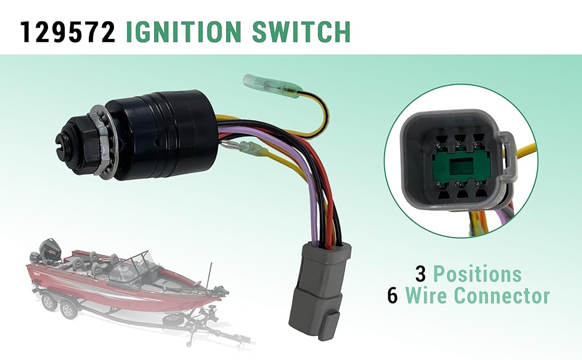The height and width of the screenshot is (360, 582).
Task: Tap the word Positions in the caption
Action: [477, 274]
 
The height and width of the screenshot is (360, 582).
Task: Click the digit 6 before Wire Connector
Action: [392, 296]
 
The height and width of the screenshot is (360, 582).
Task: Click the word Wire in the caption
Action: [427, 296]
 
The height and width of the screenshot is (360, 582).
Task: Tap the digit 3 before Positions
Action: [421, 274]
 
